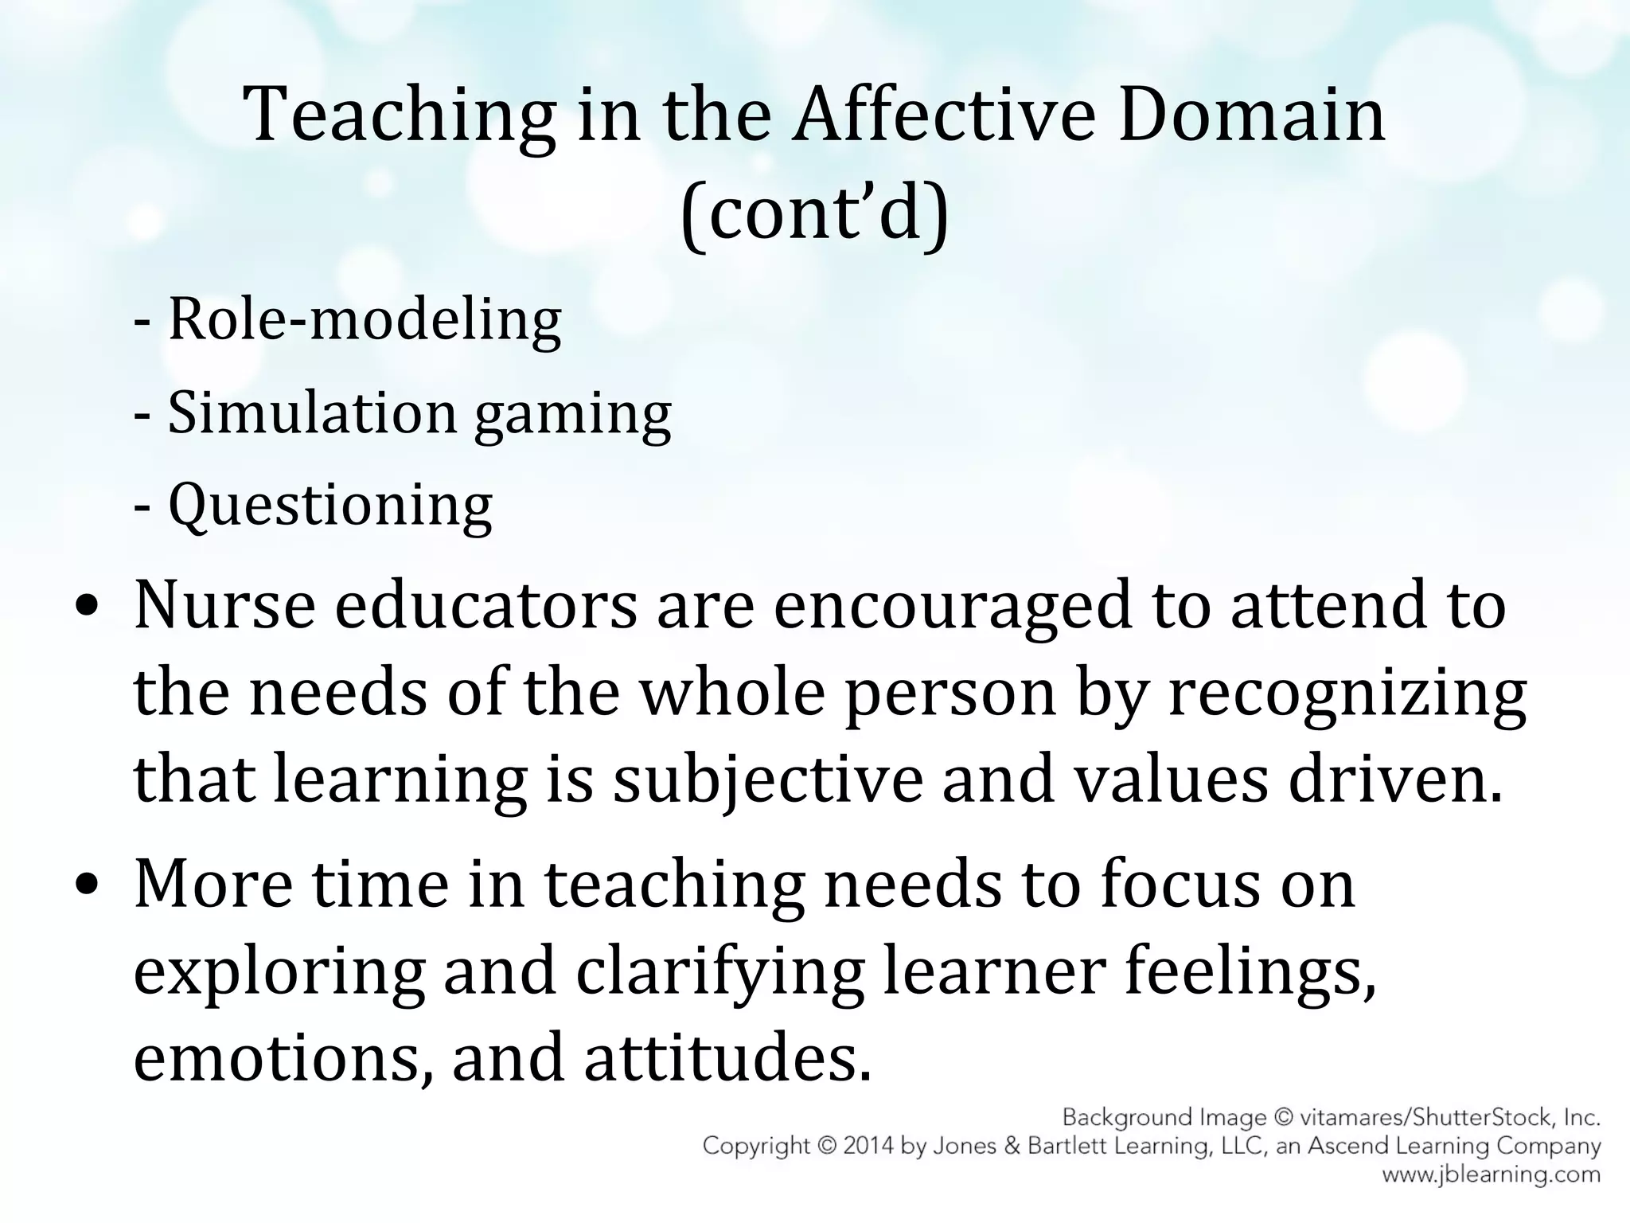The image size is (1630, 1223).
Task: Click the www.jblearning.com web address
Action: click(1491, 1174)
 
